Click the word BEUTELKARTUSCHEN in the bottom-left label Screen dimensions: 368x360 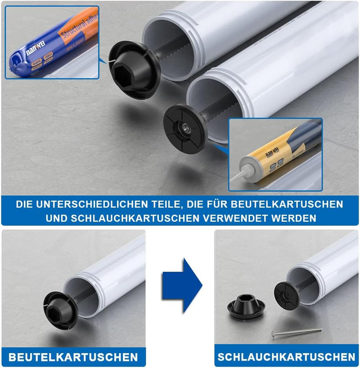click(x=73, y=357)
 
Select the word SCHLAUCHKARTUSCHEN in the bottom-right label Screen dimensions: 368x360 click(x=286, y=357)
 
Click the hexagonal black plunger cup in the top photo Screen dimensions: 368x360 click(x=134, y=68)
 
